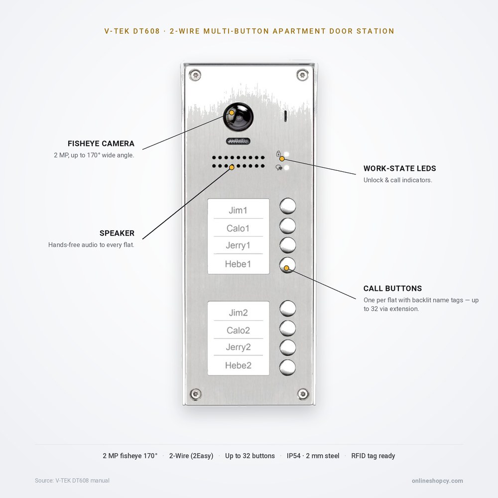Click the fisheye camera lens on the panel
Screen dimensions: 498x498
pyautogui.click(x=238, y=117)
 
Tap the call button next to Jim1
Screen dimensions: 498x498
pyautogui.click(x=288, y=206)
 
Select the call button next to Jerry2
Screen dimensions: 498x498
pyautogui.click(x=288, y=348)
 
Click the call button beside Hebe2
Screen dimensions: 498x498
pyautogui.click(x=288, y=367)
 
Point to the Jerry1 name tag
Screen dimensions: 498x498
pyautogui.click(x=238, y=245)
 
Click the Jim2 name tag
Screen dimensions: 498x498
pyautogui.click(x=238, y=313)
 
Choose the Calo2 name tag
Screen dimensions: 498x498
pyautogui.click(x=238, y=330)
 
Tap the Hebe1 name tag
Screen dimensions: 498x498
pyautogui.click(x=238, y=264)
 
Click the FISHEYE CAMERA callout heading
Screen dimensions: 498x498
pyautogui.click(x=101, y=143)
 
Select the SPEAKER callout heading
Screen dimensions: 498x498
pyautogui.click(x=117, y=233)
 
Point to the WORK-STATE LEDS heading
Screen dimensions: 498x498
pyautogui.click(x=399, y=168)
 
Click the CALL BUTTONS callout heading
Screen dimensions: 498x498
pyautogui.click(x=392, y=288)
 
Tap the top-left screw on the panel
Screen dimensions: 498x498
pyautogui.click(x=195, y=76)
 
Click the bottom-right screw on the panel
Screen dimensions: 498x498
pyautogui.click(x=303, y=394)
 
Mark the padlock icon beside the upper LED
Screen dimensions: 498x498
pyautogui.click(x=278, y=154)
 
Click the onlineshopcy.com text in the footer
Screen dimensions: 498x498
pyautogui.click(x=437, y=481)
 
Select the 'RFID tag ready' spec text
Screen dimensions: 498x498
pyautogui.click(x=373, y=456)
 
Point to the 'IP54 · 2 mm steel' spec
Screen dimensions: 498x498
pyautogui.click(x=313, y=456)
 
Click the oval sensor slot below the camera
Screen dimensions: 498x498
pyautogui.click(x=238, y=141)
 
